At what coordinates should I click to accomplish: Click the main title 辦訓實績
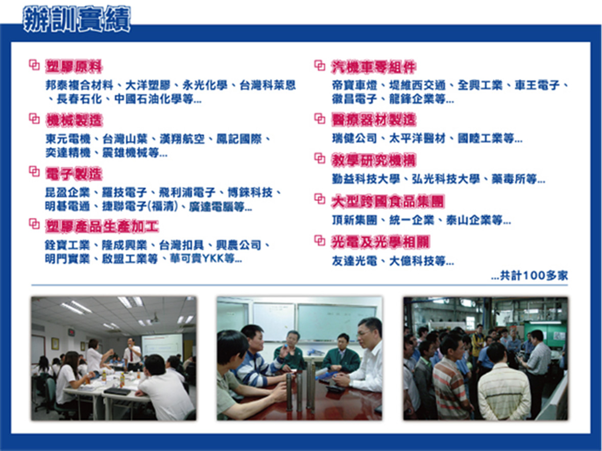pos(77,19)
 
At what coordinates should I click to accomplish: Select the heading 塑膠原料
pos(74,66)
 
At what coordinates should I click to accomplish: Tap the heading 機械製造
pos(74,120)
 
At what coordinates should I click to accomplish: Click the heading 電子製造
pos(74,174)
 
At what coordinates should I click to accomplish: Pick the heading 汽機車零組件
pos(374,67)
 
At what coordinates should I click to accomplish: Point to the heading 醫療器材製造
pos(374,120)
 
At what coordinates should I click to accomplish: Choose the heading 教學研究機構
pos(374,160)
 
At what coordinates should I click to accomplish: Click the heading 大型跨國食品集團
pos(388,202)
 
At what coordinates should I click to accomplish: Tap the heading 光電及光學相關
pos(380,242)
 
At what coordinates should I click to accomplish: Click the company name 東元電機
pos(68,139)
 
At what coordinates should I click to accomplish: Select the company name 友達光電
pos(354,261)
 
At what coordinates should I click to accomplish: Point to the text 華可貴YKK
pos(197,258)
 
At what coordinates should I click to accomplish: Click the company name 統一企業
pos(412,220)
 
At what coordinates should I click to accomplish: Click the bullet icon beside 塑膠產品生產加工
pos(34,223)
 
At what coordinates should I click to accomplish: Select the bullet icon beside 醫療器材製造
pos(320,118)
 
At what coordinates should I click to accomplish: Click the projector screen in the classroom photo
pos(162,346)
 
